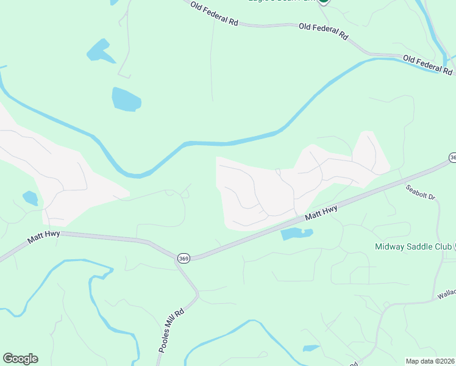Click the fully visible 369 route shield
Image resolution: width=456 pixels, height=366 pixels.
point(183,259)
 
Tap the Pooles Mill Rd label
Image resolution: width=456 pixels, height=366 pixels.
point(171,331)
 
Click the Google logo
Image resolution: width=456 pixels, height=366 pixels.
point(20,359)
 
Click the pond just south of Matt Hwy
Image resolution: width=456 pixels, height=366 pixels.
point(296,234)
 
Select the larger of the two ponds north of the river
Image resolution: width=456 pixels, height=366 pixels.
point(126,99)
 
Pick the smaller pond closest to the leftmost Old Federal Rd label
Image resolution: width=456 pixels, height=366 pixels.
point(101,51)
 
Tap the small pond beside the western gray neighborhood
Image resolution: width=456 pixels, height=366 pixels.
point(30,198)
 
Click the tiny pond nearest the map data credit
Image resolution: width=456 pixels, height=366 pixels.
point(311,348)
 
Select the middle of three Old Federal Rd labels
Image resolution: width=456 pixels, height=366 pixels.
point(323,31)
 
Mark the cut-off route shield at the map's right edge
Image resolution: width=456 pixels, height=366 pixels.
point(452,157)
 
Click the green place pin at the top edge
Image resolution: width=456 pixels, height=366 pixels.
point(324,2)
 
